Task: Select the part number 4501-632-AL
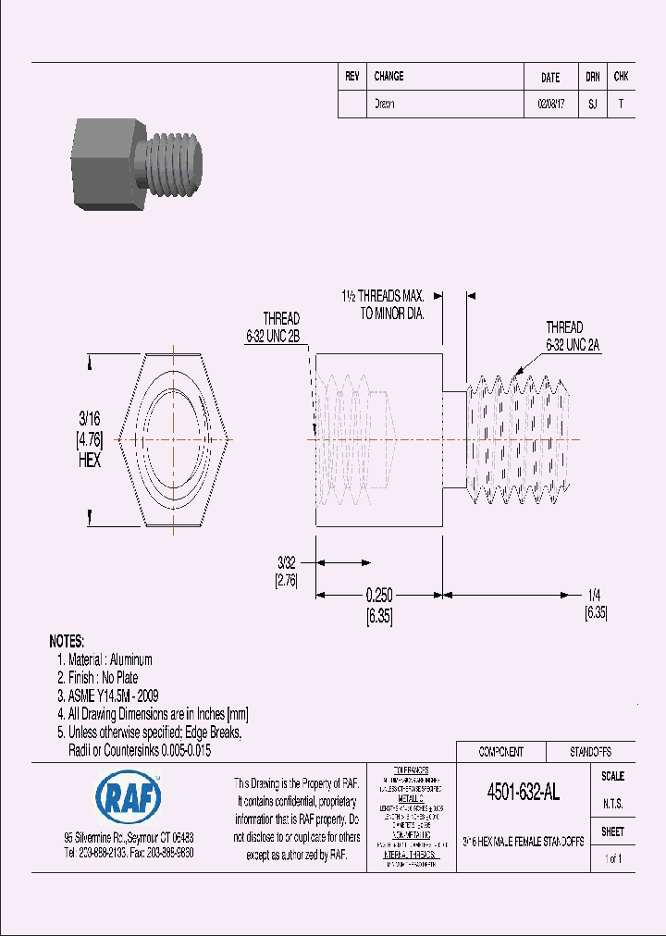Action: click(x=523, y=793)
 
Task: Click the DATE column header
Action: click(x=549, y=78)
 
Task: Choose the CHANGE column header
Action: click(x=388, y=77)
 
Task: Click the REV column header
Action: click(x=351, y=77)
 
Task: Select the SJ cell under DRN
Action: click(x=592, y=105)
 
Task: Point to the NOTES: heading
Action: click(x=67, y=641)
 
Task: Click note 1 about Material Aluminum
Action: click(x=105, y=659)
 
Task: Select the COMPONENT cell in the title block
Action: click(x=500, y=752)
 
